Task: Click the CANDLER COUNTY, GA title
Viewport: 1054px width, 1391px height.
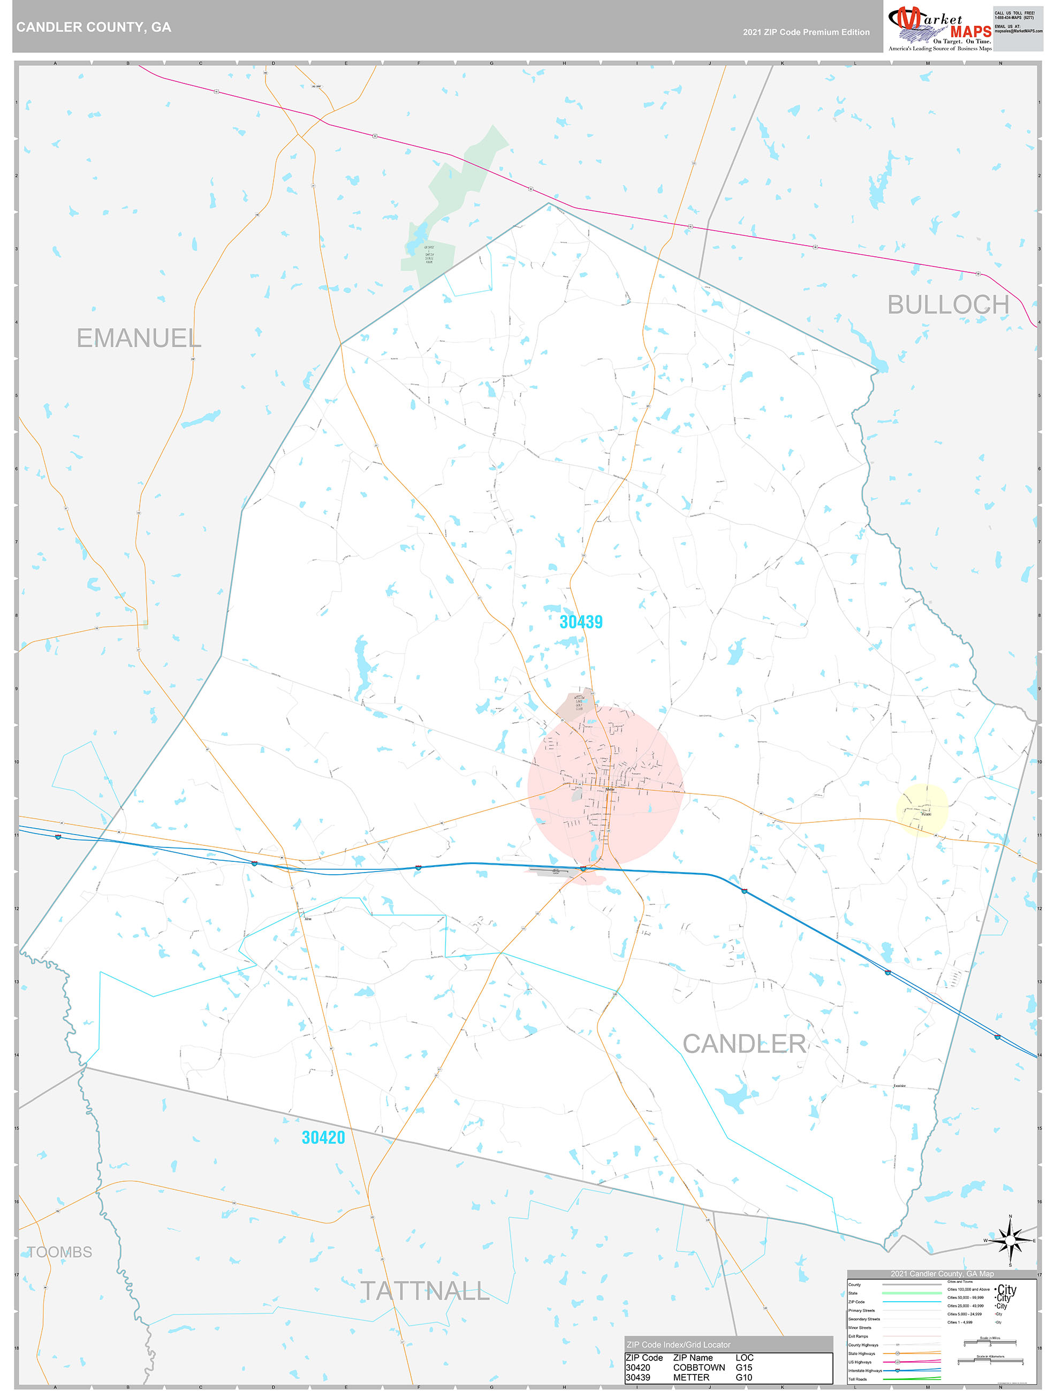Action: (94, 27)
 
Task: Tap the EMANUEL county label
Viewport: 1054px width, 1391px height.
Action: (139, 338)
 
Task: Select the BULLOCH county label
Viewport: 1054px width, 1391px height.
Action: (947, 305)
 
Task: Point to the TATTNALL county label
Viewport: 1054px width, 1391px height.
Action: (424, 1291)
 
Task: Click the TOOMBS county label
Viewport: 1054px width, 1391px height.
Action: (60, 1252)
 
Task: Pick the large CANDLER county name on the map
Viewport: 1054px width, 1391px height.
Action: (744, 1044)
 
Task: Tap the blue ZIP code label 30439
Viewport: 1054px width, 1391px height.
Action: (581, 622)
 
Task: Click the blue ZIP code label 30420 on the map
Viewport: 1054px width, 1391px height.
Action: (323, 1137)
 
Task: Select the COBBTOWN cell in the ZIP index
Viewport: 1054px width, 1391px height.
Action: (699, 1368)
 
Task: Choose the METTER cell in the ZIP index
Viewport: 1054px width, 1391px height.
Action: (691, 1377)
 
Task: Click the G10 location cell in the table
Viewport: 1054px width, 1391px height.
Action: (744, 1377)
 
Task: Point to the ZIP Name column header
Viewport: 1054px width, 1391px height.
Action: (693, 1358)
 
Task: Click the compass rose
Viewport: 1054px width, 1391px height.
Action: (1010, 1241)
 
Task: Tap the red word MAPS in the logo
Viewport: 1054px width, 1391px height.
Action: (970, 32)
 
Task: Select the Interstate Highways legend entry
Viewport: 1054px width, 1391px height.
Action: (865, 1370)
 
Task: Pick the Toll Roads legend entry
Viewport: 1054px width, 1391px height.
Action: (857, 1379)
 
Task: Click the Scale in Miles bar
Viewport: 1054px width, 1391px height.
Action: (990, 1344)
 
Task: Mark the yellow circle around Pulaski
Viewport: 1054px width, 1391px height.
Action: (922, 810)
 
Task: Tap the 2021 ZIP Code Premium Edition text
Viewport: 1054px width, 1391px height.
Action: (806, 32)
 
